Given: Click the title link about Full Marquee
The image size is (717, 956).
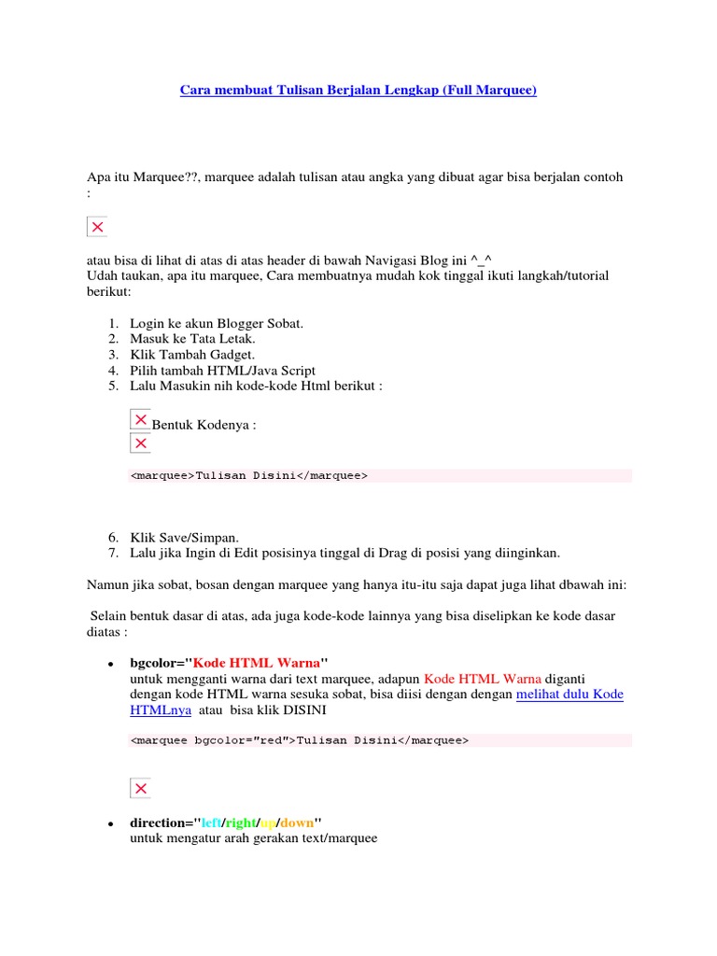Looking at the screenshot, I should (x=358, y=91).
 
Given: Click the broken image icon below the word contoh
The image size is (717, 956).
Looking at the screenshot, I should (x=97, y=227).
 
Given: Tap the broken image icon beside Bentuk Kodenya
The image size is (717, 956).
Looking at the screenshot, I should (x=140, y=420).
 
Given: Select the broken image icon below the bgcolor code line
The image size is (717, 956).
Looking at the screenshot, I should (x=140, y=789).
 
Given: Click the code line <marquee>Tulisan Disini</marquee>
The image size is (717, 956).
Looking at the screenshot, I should (x=249, y=475).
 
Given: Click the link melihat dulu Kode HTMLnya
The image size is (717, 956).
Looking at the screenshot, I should (x=569, y=695).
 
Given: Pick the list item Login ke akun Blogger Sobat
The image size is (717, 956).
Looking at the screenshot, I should (x=217, y=323).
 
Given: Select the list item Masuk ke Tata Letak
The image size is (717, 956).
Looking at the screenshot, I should (x=192, y=339).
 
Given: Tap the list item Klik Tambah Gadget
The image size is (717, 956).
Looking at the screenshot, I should (x=192, y=355).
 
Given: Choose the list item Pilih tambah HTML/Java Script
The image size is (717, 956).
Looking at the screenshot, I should (x=222, y=371).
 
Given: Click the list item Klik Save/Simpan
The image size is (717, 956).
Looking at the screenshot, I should (x=185, y=537).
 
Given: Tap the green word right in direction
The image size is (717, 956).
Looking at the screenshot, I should (x=240, y=822).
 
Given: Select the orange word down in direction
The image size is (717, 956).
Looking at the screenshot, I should (x=296, y=822).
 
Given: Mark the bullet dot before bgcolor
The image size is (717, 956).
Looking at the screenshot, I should (x=110, y=664).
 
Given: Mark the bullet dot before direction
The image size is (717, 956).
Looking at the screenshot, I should (x=110, y=824).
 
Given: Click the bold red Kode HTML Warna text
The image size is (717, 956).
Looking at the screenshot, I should (x=256, y=662).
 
